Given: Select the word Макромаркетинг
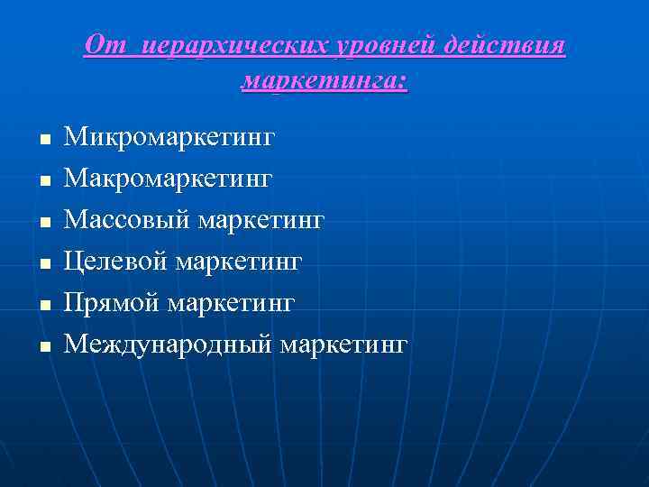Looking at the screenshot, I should pyautogui.click(x=168, y=179).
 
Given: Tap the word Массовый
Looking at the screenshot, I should pyautogui.click(x=126, y=220).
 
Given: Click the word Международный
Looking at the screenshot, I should pyautogui.click(x=169, y=344).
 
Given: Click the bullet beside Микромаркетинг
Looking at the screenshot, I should pyautogui.click(x=43, y=141).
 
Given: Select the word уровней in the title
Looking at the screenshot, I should pyautogui.click(x=368, y=46).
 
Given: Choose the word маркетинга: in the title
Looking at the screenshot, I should pyautogui.click(x=324, y=82).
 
